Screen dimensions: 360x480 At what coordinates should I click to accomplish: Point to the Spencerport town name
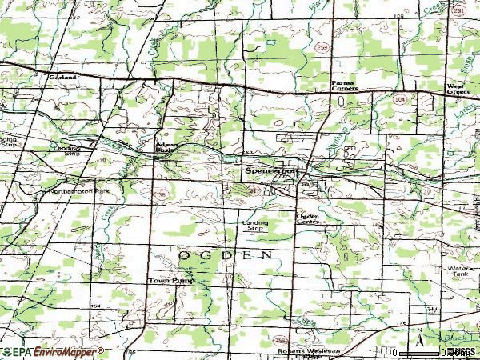[273, 170]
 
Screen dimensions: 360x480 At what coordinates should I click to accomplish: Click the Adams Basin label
[166, 147]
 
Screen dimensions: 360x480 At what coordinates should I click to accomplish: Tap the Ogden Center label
[308, 219]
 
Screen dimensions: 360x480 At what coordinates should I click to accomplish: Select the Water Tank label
[460, 271]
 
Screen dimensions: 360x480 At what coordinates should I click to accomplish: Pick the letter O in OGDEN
[183, 255]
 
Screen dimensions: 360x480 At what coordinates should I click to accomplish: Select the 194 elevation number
[96, 306]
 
